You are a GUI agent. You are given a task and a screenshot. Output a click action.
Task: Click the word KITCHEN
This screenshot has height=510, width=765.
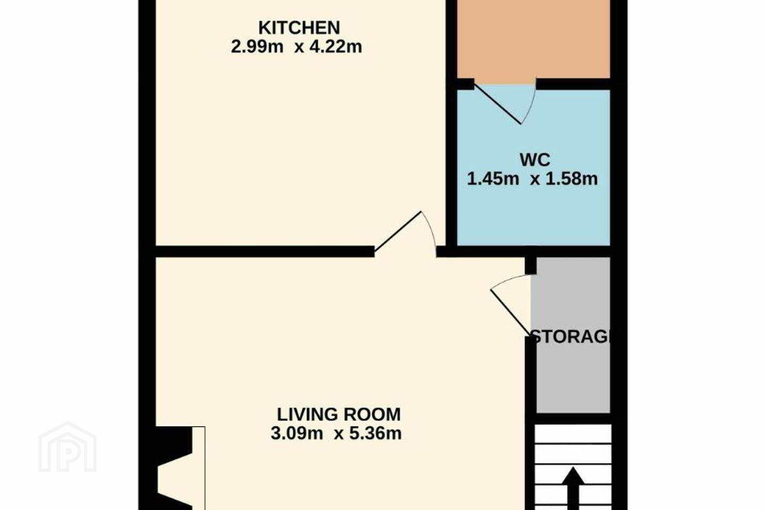click(x=299, y=28)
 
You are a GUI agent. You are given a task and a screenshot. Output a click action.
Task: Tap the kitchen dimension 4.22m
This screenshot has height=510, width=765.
click(x=335, y=46)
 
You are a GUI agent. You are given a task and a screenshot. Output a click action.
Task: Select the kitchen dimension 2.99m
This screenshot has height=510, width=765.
click(x=257, y=46)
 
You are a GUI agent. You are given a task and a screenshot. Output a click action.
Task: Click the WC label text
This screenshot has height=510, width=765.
click(x=535, y=160)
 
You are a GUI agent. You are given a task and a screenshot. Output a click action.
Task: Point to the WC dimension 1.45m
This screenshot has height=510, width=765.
click(x=493, y=178)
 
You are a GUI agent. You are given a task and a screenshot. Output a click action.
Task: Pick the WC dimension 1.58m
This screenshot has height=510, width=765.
click(x=572, y=178)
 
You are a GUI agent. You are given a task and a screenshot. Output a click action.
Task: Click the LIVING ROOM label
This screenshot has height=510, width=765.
click(x=338, y=414)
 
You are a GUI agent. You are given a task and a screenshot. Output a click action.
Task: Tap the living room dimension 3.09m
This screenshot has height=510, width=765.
click(x=297, y=433)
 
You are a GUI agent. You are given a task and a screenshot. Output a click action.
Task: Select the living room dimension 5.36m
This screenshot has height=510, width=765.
click(x=375, y=433)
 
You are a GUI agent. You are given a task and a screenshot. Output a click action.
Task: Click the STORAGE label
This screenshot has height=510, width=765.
click(x=569, y=337)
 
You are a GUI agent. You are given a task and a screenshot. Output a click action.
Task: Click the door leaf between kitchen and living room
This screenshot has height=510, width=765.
click(x=398, y=232)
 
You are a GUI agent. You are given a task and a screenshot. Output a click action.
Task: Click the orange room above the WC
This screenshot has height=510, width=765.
click(x=533, y=39)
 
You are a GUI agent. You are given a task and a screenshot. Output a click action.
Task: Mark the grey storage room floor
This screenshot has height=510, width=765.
click(x=573, y=376)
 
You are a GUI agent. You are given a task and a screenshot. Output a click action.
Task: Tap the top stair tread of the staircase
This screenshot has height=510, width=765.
click(x=573, y=434)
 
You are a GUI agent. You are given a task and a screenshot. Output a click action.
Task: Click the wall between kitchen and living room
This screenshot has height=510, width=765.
click(x=265, y=251)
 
